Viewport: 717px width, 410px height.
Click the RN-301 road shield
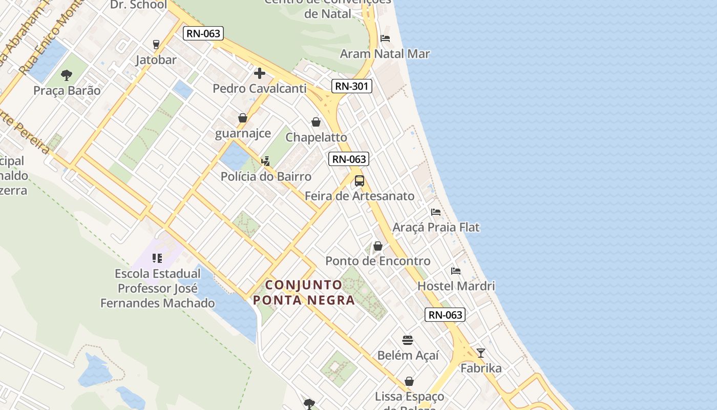(x=351, y=86)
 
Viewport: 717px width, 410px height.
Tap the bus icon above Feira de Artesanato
(x=360, y=180)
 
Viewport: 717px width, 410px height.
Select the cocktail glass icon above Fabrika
(x=480, y=353)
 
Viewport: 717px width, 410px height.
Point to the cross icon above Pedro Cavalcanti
(x=260, y=73)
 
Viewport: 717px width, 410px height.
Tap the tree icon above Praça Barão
(x=67, y=76)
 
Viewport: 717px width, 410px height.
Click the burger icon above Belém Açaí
(x=408, y=340)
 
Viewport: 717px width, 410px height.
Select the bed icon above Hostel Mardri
(x=456, y=271)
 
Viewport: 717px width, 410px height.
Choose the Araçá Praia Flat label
(x=436, y=227)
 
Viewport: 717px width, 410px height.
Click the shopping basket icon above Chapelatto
(x=316, y=122)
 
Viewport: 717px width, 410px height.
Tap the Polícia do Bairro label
(x=266, y=176)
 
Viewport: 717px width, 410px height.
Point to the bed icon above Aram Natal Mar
(x=385, y=38)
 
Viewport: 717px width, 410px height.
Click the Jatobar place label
(x=156, y=59)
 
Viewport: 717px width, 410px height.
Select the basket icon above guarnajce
(x=243, y=118)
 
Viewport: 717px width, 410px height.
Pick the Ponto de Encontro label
(x=378, y=261)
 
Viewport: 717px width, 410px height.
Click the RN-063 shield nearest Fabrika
(x=445, y=315)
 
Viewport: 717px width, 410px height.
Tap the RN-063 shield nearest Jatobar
(x=203, y=34)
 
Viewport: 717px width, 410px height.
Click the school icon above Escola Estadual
(x=157, y=258)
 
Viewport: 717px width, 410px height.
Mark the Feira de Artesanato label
(x=360, y=196)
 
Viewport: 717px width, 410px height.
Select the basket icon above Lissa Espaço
(x=409, y=381)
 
